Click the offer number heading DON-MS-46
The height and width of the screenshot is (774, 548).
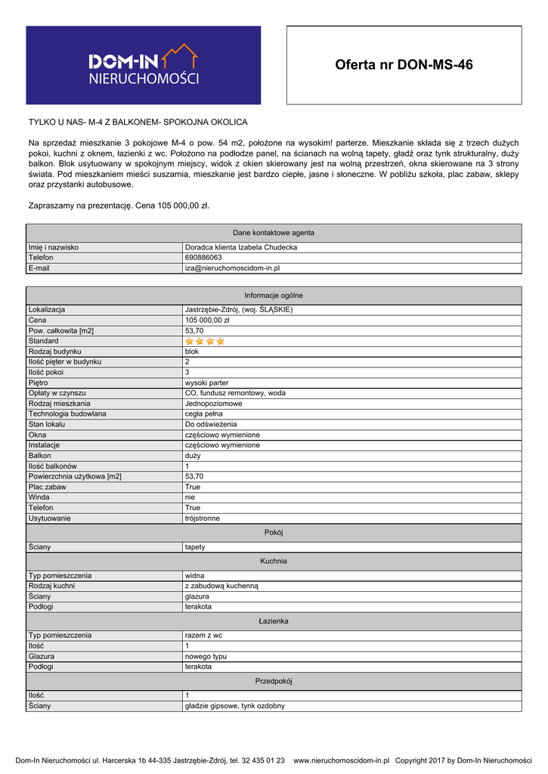[x=404, y=65]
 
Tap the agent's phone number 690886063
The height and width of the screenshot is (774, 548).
[x=203, y=258]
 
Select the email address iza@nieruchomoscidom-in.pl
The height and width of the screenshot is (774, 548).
[x=233, y=268]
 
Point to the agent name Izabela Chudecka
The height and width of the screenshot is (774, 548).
[x=241, y=247]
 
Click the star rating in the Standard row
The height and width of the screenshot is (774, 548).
[x=205, y=341]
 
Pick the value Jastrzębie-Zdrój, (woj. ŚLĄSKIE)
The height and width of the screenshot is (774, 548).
[x=239, y=310]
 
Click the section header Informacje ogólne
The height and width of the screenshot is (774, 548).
[x=274, y=296]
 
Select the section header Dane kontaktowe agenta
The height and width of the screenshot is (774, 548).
[x=274, y=233]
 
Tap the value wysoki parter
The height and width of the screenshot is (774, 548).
[x=206, y=383]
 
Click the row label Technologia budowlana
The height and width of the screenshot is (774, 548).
[x=67, y=414]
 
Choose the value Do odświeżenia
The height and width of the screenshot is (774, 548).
[x=211, y=425]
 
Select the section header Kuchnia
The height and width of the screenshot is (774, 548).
[x=274, y=561]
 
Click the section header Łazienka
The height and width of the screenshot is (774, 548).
[x=274, y=621]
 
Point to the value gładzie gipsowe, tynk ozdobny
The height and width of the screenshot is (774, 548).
[x=235, y=706]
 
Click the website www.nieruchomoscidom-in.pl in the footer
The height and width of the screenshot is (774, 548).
[x=341, y=760]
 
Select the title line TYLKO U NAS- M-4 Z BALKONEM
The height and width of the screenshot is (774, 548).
[x=138, y=122]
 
